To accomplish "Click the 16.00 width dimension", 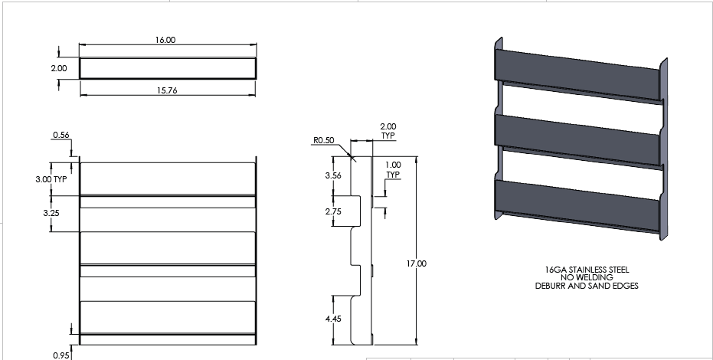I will [166, 39].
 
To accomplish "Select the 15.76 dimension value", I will [168, 90].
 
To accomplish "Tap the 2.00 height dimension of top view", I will [59, 68].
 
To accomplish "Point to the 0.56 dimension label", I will [61, 135].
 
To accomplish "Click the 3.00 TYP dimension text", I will [51, 178].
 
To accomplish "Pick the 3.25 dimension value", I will [51, 212].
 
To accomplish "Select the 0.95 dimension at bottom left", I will [61, 355].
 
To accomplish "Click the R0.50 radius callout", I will [323, 141].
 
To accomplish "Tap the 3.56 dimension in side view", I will [333, 175].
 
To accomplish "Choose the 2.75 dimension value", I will [333, 210].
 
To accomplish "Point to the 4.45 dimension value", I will [333, 319].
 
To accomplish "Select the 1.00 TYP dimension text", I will [393, 169].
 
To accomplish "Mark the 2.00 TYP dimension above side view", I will [388, 130].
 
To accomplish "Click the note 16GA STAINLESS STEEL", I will [587, 270].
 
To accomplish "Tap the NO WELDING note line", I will [587, 278].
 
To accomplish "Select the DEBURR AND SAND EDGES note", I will [587, 286].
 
